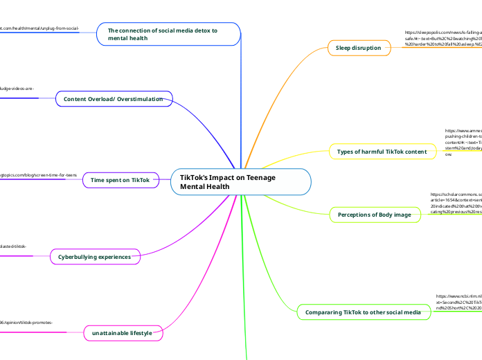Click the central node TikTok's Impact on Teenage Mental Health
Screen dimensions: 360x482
pos(240,182)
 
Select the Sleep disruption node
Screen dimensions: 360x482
pos(358,48)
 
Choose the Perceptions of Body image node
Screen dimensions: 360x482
pos(374,215)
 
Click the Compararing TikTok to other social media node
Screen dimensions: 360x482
pos(363,313)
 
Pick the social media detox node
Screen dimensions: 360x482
pos(167,34)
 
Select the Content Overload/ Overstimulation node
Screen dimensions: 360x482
pos(113,100)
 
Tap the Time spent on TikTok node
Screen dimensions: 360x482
pos(120,180)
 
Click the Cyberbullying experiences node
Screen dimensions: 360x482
pos(94,257)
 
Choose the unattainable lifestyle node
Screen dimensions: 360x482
pos(122,334)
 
